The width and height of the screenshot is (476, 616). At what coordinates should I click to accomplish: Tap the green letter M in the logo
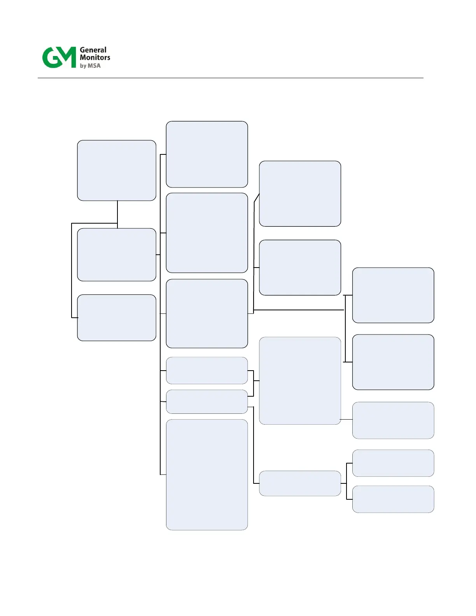[x=67, y=57]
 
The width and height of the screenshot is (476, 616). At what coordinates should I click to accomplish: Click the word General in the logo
[x=93, y=50]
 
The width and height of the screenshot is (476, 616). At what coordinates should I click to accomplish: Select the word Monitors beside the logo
[x=95, y=58]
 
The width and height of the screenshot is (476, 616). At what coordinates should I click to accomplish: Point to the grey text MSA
[x=94, y=66]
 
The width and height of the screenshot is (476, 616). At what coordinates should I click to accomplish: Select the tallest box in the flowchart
[x=207, y=474]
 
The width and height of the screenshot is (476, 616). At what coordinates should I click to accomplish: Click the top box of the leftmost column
[x=117, y=170]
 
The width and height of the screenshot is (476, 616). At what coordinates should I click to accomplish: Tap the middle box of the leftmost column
[x=117, y=255]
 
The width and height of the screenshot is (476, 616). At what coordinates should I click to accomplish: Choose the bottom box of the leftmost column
[x=117, y=318]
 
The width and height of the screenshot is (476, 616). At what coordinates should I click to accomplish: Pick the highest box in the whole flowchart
[x=207, y=154]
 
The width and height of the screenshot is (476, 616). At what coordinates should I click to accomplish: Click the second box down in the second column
[x=207, y=233]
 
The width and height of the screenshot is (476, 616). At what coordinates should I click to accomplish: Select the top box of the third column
[x=300, y=194]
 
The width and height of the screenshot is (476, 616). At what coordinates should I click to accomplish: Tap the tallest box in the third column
[x=300, y=381]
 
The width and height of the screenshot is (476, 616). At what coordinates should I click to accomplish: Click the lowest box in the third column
[x=300, y=483]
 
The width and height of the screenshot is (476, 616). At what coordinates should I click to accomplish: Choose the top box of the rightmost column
[x=393, y=295]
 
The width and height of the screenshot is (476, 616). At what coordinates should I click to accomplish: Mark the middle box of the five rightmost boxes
[x=393, y=420]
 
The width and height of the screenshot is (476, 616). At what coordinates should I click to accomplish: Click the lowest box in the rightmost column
[x=393, y=499]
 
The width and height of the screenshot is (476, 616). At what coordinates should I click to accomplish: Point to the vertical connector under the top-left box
[x=117, y=212]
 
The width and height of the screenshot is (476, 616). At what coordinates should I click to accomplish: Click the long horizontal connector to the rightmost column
[x=299, y=310]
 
